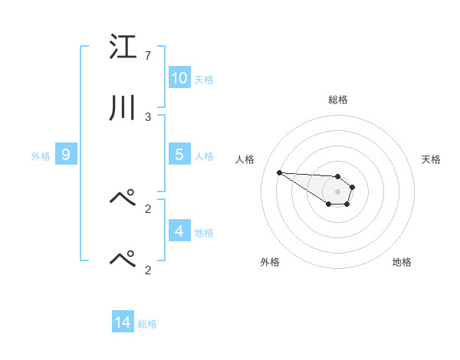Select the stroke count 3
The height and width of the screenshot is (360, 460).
pos(148,116)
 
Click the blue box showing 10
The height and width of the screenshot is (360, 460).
pos(179,78)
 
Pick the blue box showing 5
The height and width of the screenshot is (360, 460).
pos(179,154)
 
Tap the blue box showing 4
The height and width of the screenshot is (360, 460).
pos(179,231)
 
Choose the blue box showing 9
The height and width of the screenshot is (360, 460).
pos(66,155)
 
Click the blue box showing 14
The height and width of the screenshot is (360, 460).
pos(123,322)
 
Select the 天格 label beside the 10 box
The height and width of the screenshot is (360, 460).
pos(204,79)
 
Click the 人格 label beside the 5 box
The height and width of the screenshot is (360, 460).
pos(204,155)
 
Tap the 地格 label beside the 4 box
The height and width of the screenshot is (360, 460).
pos(204,232)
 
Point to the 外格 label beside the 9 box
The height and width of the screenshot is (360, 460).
pos(41,155)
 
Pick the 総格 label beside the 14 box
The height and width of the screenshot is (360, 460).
pos(147,324)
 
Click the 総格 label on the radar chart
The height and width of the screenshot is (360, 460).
pos(338,100)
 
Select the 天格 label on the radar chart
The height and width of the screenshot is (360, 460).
pos(432,159)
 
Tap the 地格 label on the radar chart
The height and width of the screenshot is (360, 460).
pos(402,262)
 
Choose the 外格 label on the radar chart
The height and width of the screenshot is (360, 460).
pos(270,262)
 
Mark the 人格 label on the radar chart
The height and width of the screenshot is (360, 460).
pos(245,159)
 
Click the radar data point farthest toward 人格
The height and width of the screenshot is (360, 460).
pos(279,172)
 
